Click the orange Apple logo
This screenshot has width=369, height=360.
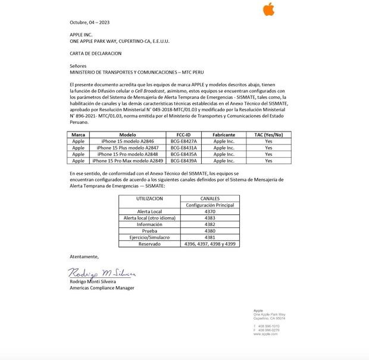coord(268,10)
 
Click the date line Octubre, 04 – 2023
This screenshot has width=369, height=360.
coord(89,23)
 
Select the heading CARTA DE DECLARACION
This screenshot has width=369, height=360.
coord(95,54)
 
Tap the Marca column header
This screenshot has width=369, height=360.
coord(78,135)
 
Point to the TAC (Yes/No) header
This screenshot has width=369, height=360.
coord(268,135)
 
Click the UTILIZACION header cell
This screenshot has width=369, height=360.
coord(149,198)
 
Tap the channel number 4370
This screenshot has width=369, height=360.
coord(210,211)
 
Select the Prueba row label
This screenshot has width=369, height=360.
coord(149,231)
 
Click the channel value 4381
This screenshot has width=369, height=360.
coord(210,237)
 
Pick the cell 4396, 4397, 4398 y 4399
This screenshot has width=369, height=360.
coord(210,244)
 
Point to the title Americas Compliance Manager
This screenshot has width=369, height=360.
coord(102,288)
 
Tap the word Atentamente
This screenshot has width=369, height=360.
coord(84,256)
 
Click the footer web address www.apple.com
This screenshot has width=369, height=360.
coord(265,334)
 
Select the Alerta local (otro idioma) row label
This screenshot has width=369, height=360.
coord(149,218)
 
